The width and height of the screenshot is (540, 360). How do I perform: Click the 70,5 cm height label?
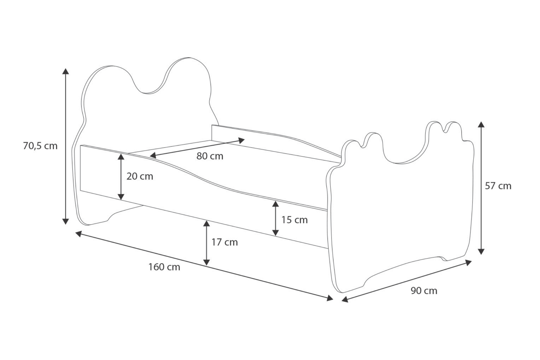[40, 146]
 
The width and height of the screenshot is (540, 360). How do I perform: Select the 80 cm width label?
[210, 156]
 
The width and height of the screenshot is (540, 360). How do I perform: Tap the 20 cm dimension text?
[140, 176]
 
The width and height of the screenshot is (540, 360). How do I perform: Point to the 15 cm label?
[294, 220]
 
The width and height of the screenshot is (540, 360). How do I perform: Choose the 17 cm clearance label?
[224, 242]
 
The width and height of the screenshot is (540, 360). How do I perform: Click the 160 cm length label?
[164, 267]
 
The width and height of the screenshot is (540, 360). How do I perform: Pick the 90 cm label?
[424, 290]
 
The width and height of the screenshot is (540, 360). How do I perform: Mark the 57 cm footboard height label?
[498, 186]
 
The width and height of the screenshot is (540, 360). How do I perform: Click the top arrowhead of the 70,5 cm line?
[66, 71]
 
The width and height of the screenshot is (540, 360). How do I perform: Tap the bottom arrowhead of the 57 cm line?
[481, 251]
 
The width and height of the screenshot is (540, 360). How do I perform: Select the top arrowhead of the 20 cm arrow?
[121, 156]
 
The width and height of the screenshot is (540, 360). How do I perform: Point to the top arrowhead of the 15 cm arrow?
[275, 204]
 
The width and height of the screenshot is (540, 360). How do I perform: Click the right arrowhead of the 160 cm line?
[330, 298]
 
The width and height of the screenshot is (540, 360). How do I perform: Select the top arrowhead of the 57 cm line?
[481, 124]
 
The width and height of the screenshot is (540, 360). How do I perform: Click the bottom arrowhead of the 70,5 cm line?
[66, 221]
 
